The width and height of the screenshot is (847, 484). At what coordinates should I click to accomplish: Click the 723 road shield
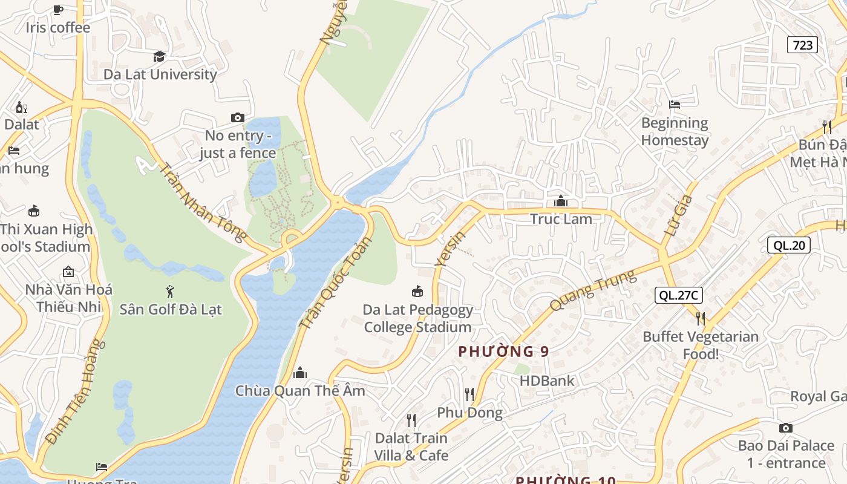point(802,45)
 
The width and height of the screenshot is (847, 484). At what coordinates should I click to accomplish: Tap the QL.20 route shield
point(788,245)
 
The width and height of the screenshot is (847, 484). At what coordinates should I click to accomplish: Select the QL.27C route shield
point(678,295)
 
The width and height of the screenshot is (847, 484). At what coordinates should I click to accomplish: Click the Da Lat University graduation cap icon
point(159,57)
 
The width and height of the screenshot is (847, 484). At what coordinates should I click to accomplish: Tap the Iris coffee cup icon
point(57,10)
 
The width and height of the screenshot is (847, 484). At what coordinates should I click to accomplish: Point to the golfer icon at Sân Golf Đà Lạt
point(170,292)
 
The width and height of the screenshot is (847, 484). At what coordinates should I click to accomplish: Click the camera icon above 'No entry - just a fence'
point(238,117)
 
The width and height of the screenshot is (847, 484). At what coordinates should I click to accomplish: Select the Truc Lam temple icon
point(561,201)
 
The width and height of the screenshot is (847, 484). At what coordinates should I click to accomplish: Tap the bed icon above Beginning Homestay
point(675,105)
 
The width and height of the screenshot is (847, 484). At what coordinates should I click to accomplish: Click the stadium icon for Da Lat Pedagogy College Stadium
point(417,292)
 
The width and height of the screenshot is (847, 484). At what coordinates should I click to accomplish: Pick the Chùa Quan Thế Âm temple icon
point(299,372)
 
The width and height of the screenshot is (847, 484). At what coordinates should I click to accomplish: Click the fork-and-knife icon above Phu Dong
point(469,394)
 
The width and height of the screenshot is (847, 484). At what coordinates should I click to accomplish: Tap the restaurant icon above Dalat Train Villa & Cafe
point(411,420)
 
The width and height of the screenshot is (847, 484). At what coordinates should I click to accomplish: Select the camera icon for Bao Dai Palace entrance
point(785,428)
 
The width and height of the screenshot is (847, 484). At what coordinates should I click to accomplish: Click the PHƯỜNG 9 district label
point(503,352)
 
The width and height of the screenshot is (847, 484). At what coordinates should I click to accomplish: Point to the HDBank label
point(547,381)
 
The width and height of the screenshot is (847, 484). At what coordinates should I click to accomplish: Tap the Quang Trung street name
point(594,290)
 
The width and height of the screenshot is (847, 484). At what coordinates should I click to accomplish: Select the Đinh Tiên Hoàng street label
point(75,392)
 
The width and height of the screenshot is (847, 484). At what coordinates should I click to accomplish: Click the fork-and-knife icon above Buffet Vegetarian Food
point(700,318)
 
